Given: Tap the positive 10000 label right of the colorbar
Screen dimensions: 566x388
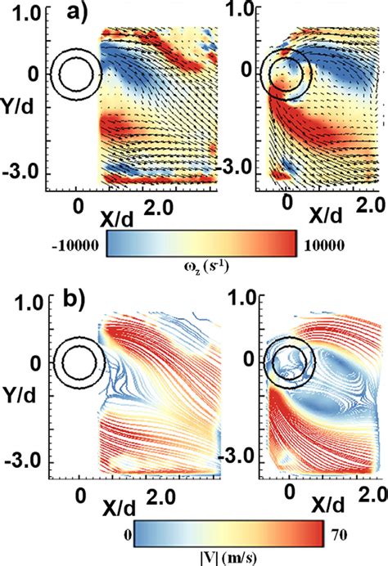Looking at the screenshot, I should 322,245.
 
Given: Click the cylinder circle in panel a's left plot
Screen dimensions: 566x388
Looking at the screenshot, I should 75,73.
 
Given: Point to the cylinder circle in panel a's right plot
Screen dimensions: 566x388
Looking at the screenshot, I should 286,74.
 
